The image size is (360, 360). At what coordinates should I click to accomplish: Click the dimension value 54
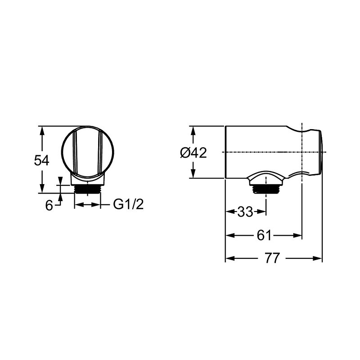point(41,160)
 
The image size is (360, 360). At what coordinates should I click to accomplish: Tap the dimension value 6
point(49,205)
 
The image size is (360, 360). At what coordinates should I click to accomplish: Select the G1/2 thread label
point(128,204)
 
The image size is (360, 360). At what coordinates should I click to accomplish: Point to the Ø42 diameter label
point(193,153)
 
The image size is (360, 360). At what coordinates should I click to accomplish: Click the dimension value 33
point(245,211)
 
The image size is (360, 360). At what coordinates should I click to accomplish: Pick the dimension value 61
point(264,235)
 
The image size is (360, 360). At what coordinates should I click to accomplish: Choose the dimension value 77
point(272,258)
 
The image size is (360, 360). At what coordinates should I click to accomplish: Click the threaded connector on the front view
point(87,189)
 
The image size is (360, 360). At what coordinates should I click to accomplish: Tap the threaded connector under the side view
point(266,189)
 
